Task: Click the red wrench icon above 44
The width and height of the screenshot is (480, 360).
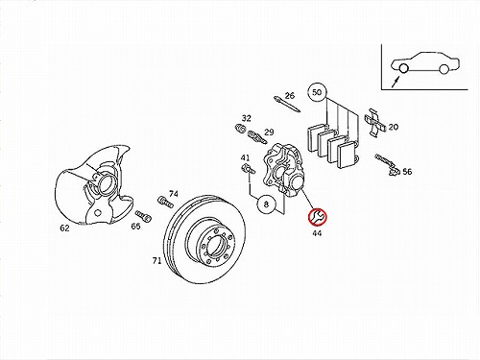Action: coord(317,217)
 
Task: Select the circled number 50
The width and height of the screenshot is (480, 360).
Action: coord(317,92)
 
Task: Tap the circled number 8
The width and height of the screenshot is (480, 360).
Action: coord(266,204)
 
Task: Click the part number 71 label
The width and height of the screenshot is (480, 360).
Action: coord(156,261)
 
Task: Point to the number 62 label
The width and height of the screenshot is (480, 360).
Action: coord(64,228)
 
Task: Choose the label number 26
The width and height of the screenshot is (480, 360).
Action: coord(290,95)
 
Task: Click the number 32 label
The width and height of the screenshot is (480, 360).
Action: coord(247,118)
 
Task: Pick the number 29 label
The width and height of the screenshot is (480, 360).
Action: coord(269,132)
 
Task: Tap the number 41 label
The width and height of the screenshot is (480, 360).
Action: coord(246,157)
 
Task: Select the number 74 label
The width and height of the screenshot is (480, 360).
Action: coord(174,194)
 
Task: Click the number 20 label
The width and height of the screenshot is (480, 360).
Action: coord(394,127)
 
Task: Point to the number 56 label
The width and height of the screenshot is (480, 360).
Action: coord(407,172)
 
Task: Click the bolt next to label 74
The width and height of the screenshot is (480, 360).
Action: coord(165,202)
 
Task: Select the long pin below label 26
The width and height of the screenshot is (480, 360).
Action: coord(287,104)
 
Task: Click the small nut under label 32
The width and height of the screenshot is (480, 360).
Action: coord(239,128)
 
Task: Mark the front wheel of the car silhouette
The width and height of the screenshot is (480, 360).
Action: coord(403,68)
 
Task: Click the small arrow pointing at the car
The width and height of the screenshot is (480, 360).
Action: coord(396,81)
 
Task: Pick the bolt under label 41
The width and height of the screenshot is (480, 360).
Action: coord(248,169)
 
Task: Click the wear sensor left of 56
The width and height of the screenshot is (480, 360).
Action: coord(387,164)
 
